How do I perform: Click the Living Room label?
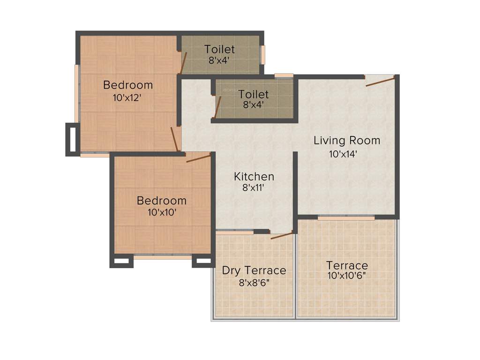[x=347, y=140]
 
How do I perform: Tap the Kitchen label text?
[x=254, y=177]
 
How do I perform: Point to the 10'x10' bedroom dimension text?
[x=161, y=212]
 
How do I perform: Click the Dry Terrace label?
[x=254, y=270]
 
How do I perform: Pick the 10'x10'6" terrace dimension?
[x=347, y=276]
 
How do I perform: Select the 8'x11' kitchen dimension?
[x=254, y=188]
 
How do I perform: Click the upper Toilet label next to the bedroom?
[x=219, y=49]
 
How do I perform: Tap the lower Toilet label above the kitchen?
[x=254, y=94]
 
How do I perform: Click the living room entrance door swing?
[x=380, y=82]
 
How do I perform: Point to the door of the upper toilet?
[x=184, y=63]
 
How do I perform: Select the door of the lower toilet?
[x=217, y=107]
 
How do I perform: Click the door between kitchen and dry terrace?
[x=281, y=235]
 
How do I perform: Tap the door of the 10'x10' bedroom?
[x=198, y=158]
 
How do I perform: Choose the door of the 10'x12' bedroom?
[x=174, y=139]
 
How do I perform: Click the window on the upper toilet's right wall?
[x=262, y=55]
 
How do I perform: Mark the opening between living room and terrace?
[x=346, y=217]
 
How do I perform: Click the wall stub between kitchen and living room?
[x=295, y=185]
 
